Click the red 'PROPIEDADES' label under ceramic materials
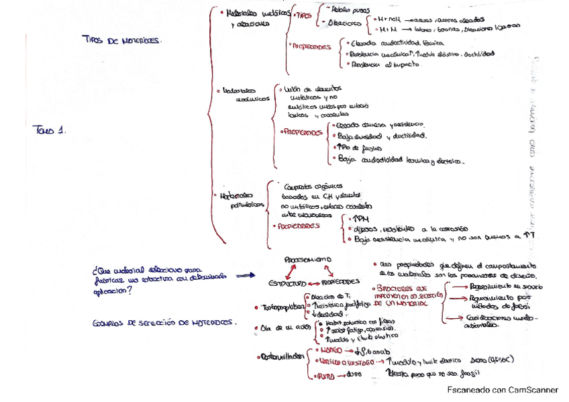(x=301, y=132)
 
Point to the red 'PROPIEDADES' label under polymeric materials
(x=299, y=226)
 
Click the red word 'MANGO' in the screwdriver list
(x=328, y=350)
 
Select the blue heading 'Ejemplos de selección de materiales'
(x=165, y=323)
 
